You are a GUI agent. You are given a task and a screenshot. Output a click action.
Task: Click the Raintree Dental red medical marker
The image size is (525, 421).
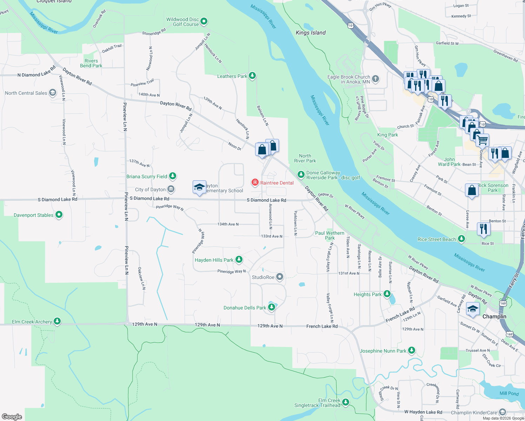[255, 182]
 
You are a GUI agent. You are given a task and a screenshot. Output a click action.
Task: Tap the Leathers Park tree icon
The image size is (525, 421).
[252, 76]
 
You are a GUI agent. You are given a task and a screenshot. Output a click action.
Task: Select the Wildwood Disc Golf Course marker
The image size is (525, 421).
[204, 21]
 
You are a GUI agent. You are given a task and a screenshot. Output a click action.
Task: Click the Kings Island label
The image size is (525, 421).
[311, 33]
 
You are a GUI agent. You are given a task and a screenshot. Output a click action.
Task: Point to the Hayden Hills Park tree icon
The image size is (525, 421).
[239, 260]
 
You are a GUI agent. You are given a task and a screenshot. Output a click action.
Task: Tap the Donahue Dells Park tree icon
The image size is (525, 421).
[271, 307]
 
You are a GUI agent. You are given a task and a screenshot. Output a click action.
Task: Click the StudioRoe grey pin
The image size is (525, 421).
[280, 277]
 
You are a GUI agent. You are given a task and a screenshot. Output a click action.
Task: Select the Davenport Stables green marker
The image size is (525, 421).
[59, 215]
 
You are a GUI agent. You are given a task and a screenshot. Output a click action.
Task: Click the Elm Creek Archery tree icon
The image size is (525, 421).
[57, 321]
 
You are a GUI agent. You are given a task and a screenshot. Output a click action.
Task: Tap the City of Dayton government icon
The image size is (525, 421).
[171, 189]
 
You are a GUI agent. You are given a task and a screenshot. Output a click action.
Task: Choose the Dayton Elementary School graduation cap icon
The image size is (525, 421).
[199, 187]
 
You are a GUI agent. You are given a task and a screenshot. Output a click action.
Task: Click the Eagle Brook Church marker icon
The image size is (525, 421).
[376, 79]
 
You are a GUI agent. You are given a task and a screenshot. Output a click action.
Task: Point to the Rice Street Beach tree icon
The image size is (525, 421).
[461, 239]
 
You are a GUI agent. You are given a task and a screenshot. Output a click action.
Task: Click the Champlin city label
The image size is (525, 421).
[494, 316]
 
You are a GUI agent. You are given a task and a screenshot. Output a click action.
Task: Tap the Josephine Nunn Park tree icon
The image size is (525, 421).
[412, 350]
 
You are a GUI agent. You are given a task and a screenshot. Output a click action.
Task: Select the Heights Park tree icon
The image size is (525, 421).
[387, 294]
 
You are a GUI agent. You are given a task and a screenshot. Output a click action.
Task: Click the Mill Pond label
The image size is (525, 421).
[509, 393]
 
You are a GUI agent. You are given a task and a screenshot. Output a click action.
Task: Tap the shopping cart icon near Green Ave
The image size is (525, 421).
[483, 140]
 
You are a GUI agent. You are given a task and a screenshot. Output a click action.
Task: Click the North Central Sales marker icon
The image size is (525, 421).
[53, 93]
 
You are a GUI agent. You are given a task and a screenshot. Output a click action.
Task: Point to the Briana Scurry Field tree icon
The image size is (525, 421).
[172, 176]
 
